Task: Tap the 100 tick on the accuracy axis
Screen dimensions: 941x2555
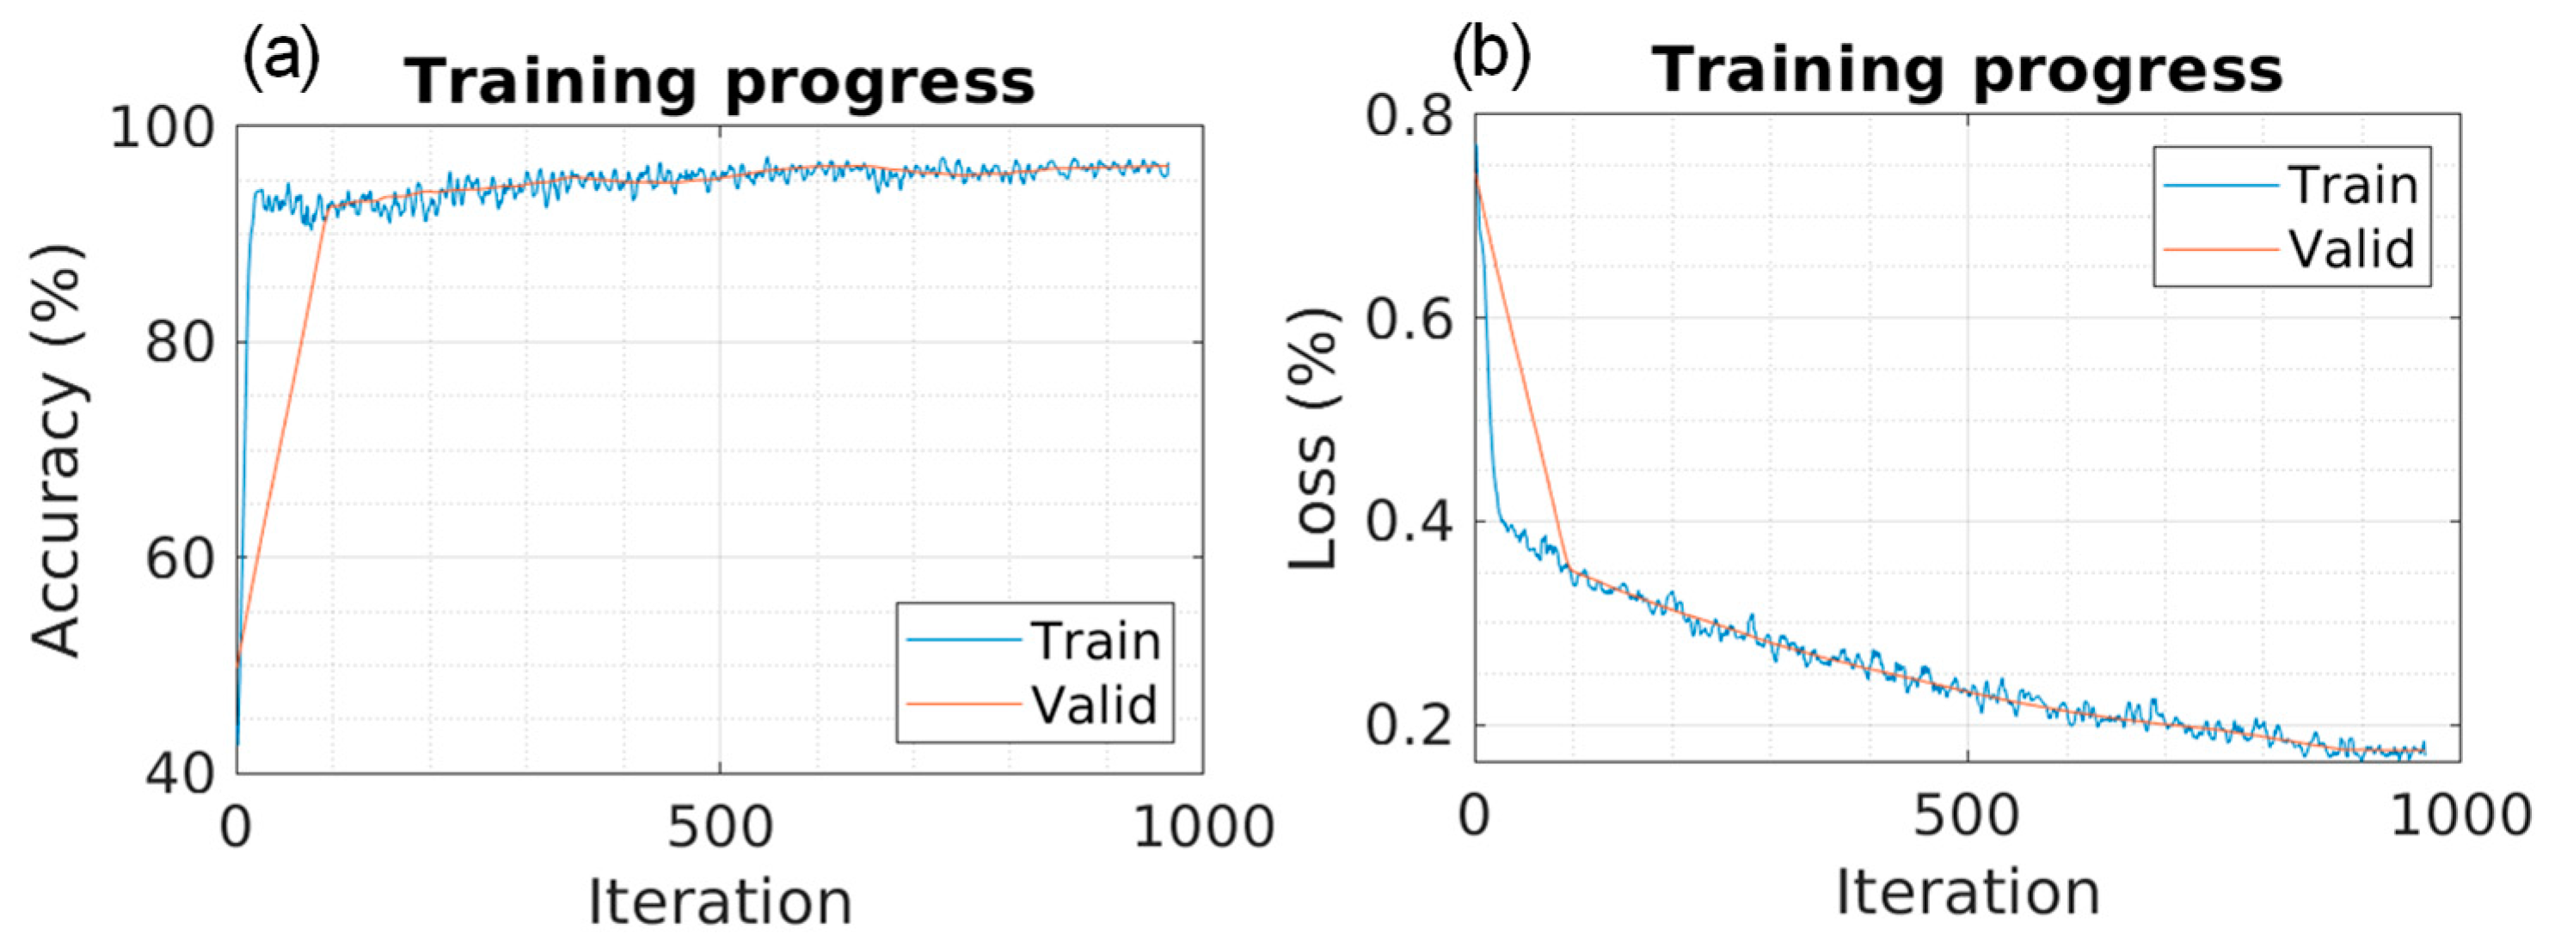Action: (162, 128)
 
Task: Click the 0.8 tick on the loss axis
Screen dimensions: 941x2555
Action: (1410, 116)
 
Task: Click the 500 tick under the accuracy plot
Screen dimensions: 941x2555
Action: (720, 826)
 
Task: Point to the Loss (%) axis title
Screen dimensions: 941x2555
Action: (1313, 438)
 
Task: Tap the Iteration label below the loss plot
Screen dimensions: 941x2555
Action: (1968, 890)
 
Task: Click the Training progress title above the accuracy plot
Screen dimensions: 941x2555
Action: (720, 82)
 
